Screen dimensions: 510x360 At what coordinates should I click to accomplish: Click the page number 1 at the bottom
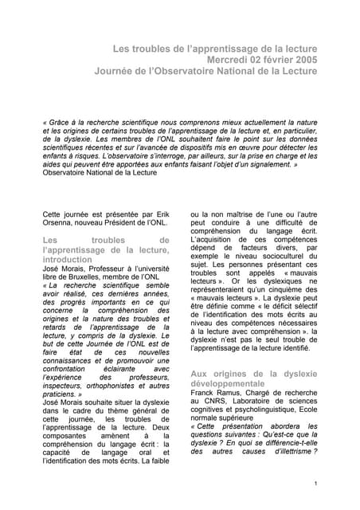316,484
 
